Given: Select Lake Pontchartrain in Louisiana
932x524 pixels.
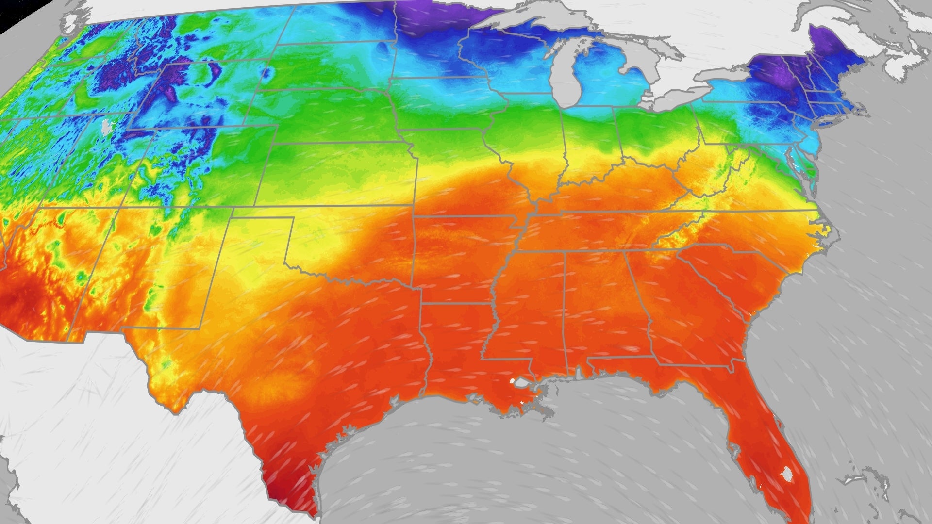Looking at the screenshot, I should point(522,383).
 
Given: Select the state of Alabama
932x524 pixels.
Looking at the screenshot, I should point(602,306).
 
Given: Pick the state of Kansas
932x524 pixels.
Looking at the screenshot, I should point(340,175).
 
